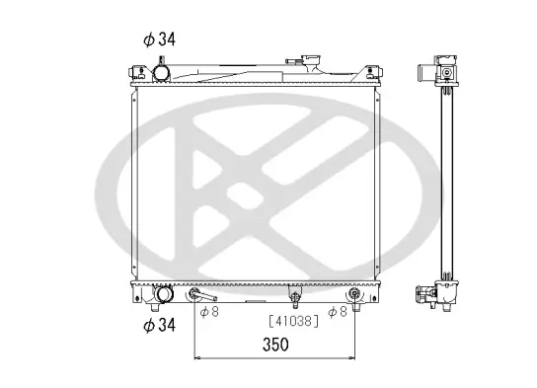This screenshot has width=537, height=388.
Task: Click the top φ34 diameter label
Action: (x=158, y=40)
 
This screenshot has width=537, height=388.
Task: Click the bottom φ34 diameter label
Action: (x=158, y=325)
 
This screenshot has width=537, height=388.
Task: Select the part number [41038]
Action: (x=293, y=321)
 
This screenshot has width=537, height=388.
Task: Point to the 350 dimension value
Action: (x=275, y=345)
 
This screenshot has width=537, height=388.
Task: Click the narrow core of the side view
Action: (x=449, y=183)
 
